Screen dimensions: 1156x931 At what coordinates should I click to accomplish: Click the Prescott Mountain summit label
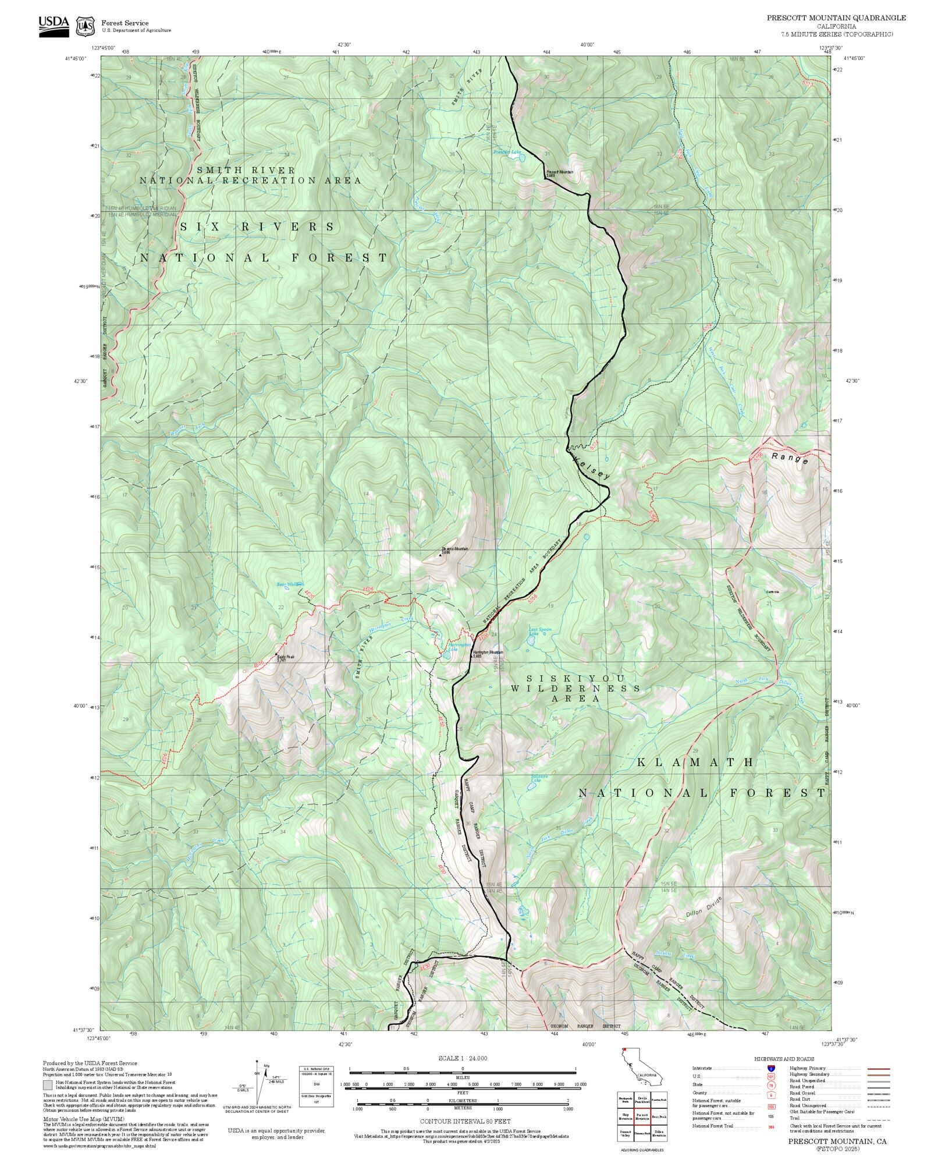pos(559,173)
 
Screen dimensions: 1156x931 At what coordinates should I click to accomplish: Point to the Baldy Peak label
pos(286,658)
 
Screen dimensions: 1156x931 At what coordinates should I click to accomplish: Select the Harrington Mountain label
pos(488,654)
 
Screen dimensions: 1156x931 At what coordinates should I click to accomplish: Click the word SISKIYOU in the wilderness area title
pos(575,679)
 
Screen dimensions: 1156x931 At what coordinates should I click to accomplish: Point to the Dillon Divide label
pos(703,907)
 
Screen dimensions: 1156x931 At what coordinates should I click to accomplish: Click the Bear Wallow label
pos(290,584)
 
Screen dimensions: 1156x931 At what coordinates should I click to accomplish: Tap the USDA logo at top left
pos(54,26)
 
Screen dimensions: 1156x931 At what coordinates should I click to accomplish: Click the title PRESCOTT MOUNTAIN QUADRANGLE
pos(836,17)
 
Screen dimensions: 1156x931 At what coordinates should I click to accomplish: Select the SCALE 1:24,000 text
pos(463,1058)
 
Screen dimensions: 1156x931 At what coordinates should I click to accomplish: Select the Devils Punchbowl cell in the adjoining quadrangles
pos(642,1098)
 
